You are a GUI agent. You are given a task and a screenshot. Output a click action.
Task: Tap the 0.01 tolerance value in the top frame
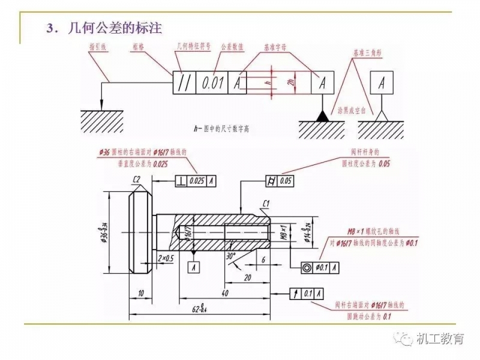[x=213, y=83]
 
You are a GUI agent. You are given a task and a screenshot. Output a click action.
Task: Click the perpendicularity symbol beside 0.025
[x=181, y=180]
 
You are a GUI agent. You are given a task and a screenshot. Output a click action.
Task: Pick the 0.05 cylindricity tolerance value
[x=285, y=180]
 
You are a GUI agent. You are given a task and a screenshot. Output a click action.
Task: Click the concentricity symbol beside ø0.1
[x=307, y=267]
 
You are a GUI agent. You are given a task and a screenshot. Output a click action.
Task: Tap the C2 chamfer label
[x=136, y=179]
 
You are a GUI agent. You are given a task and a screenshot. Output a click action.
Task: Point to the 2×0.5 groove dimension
[x=166, y=257]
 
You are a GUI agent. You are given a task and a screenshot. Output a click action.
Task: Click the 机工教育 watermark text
[x=440, y=339]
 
